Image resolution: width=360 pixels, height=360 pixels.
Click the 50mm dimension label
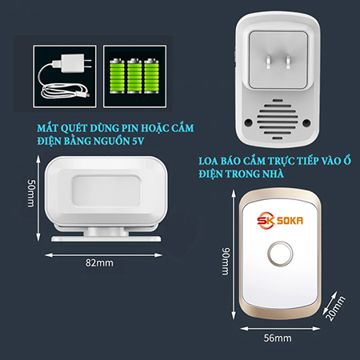(31, 193)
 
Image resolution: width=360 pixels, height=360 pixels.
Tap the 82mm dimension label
(99, 263)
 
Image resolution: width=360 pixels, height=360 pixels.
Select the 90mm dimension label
(226, 261)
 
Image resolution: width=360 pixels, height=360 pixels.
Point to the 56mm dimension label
(278, 338)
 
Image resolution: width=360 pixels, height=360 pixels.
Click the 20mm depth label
(336, 309)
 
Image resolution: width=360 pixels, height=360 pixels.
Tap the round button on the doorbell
(280, 254)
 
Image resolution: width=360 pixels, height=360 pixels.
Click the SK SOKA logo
(280, 221)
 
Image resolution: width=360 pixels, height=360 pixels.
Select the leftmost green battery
(117, 76)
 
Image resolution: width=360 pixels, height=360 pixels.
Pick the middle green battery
(134, 76)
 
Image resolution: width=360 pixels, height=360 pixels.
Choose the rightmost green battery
(151, 76)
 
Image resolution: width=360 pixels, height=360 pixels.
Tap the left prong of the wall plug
(269, 62)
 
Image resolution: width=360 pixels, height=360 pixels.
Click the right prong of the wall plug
(288, 62)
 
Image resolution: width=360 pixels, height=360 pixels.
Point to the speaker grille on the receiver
(278, 119)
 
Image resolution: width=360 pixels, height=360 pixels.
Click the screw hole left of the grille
(249, 122)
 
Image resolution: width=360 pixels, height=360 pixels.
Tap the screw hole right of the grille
(306, 122)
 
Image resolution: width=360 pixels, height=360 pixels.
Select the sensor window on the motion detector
(106, 190)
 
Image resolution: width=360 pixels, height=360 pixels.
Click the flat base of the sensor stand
(106, 238)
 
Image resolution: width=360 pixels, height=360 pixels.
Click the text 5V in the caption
(138, 141)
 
